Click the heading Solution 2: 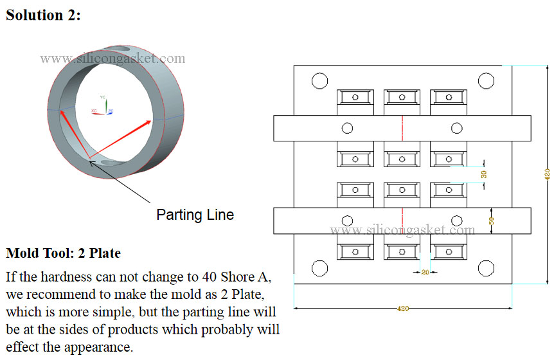click(x=43, y=15)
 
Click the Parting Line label click(x=195, y=214)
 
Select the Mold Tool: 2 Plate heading click(x=63, y=253)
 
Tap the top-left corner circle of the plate click(x=319, y=81)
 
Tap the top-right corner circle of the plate click(x=485, y=81)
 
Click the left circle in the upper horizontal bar click(x=348, y=128)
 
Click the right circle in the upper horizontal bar click(x=456, y=128)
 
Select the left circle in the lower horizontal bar click(x=348, y=221)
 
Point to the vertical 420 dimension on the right click(x=547, y=174)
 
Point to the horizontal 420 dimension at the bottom click(x=403, y=309)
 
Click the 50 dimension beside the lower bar click(x=492, y=220)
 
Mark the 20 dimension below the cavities click(x=425, y=272)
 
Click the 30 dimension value click(x=484, y=174)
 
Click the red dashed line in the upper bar click(x=402, y=128)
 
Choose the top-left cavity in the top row click(x=355, y=98)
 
